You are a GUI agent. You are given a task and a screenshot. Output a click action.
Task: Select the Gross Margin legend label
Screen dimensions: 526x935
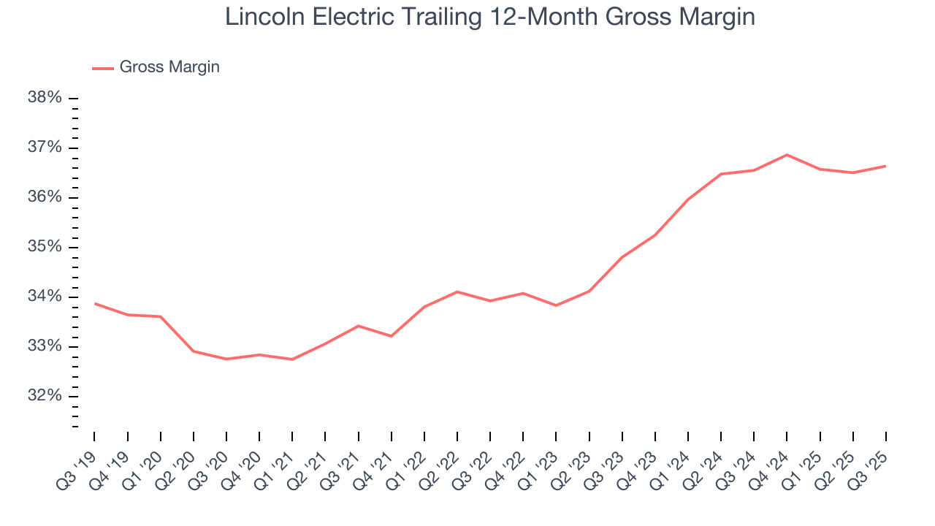pyautogui.click(x=169, y=67)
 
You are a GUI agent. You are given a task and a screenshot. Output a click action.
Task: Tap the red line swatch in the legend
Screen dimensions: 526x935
pyautogui.click(x=102, y=68)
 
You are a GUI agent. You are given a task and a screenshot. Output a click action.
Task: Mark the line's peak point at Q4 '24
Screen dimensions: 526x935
pyautogui.click(x=787, y=155)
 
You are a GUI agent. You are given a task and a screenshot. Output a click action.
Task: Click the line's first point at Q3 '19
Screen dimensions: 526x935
pyautogui.click(x=95, y=303)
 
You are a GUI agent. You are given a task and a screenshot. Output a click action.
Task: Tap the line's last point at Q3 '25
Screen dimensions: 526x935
pyautogui.click(x=885, y=166)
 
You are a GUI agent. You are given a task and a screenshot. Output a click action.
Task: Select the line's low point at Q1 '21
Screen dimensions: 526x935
pyautogui.click(x=292, y=359)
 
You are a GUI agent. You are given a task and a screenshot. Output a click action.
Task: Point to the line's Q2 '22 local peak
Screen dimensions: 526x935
pyautogui.click(x=457, y=291)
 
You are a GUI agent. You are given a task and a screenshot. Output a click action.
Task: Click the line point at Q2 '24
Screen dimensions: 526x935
pyautogui.click(x=721, y=174)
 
